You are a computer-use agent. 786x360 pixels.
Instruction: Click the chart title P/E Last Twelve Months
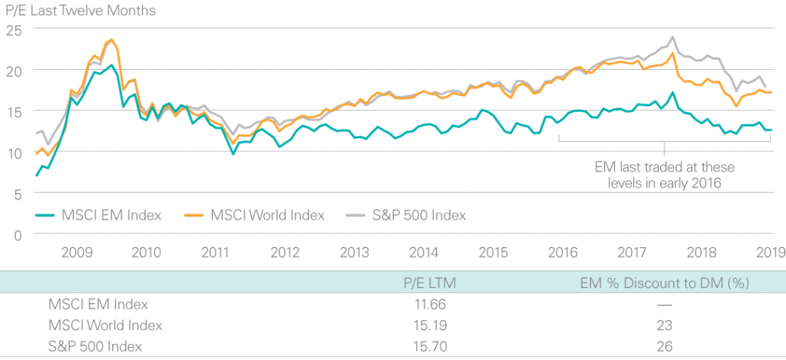pyautogui.click(x=79, y=11)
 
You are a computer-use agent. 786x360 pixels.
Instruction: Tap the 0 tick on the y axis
pyautogui.click(x=17, y=235)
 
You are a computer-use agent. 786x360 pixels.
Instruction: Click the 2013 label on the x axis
pyautogui.click(x=355, y=251)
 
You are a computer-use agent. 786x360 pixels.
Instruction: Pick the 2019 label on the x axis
pyautogui.click(x=770, y=251)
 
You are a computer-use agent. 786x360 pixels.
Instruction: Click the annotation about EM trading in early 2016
pyautogui.click(x=665, y=174)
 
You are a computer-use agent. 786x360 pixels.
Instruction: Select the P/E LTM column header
pyautogui.click(x=428, y=283)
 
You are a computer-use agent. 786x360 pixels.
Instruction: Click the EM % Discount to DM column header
pyautogui.click(x=664, y=283)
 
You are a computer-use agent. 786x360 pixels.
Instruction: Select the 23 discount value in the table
pyautogui.click(x=665, y=325)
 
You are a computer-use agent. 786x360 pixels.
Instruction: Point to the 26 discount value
pyautogui.click(x=665, y=346)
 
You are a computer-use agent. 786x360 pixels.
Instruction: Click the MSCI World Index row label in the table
pyautogui.click(x=105, y=325)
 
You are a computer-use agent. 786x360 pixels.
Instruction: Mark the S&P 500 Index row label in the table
pyautogui.click(x=95, y=346)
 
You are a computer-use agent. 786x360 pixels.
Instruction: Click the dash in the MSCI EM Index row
pyautogui.click(x=665, y=305)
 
